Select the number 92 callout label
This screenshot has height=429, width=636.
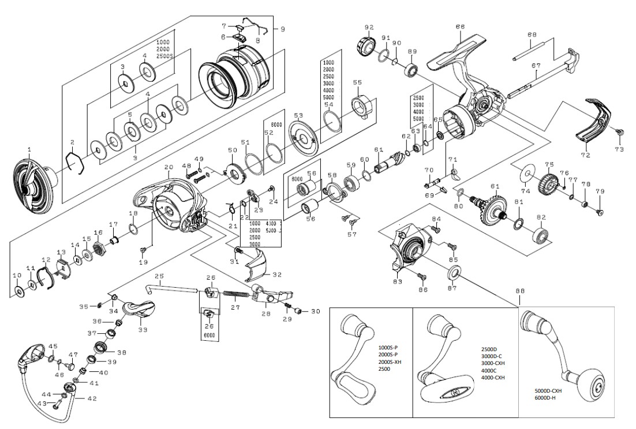pos(369,27)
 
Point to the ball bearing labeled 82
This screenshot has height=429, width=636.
pos(541,235)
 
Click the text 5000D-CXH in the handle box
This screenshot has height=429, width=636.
pos(548,390)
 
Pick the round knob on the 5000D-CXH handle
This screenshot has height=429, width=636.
pos(595,386)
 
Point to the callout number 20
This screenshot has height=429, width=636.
pos(169,167)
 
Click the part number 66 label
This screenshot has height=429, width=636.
pos(460,27)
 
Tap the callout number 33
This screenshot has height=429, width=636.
pos(142,329)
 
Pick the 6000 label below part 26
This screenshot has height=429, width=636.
pos(209,334)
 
